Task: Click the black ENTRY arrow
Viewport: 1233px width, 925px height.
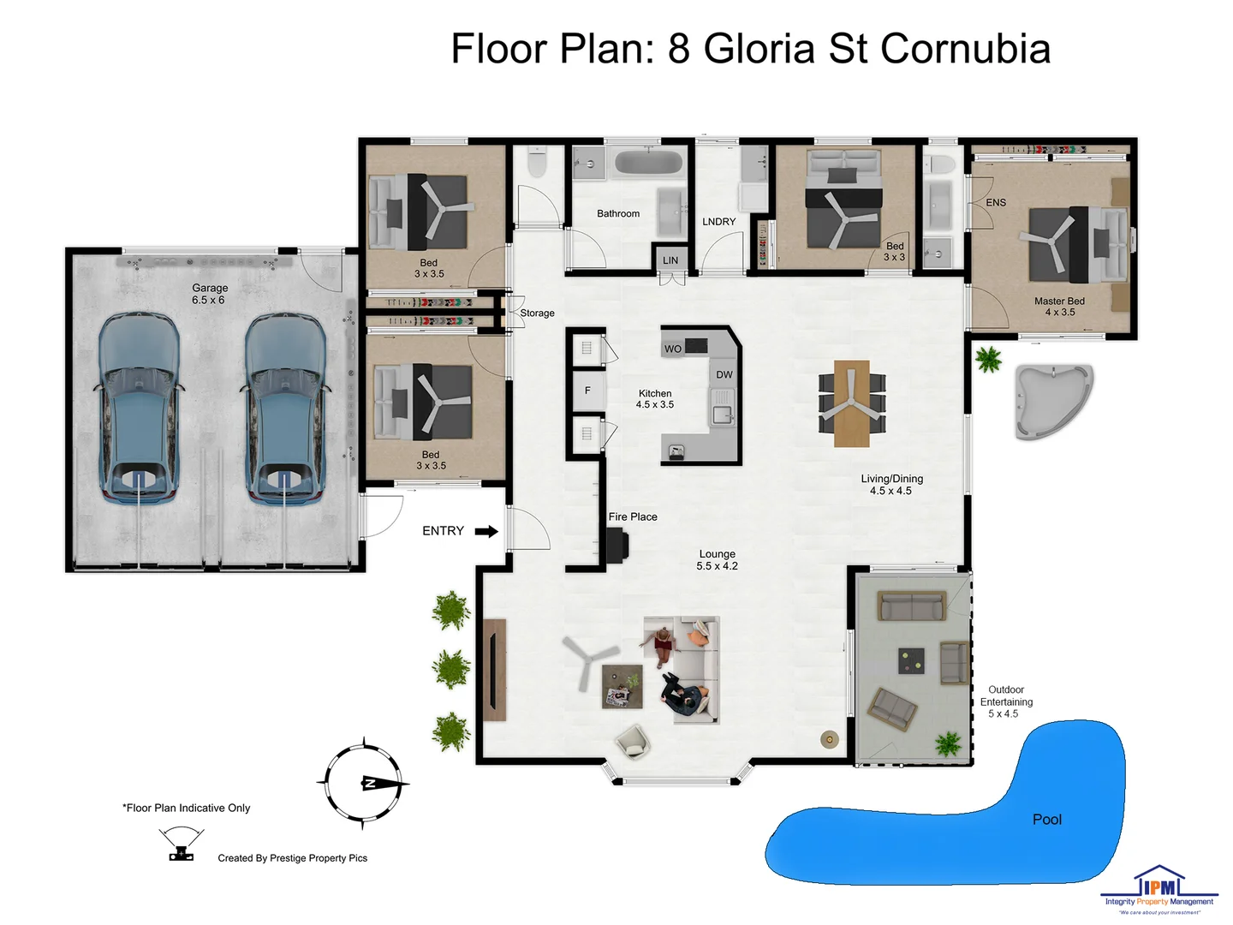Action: (x=486, y=531)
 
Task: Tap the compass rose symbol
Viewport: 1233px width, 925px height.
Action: (x=364, y=783)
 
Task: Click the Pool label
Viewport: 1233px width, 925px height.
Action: (x=1046, y=820)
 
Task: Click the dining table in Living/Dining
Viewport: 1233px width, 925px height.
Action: (x=852, y=403)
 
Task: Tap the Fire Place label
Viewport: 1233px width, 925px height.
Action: (x=633, y=517)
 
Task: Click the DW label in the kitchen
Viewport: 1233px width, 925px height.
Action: (x=724, y=375)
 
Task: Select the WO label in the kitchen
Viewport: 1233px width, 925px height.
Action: (x=673, y=349)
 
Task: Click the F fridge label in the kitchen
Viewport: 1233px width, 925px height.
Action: (x=587, y=391)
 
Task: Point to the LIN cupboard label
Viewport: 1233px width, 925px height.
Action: (x=670, y=260)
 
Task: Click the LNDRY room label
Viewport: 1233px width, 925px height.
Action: (x=719, y=222)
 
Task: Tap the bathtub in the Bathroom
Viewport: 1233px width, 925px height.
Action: (x=648, y=162)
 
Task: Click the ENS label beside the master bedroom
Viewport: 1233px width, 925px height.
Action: (x=996, y=203)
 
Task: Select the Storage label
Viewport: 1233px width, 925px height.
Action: (x=537, y=313)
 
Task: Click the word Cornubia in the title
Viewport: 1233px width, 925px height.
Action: (x=965, y=49)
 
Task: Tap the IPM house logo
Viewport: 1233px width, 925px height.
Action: (x=1159, y=883)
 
